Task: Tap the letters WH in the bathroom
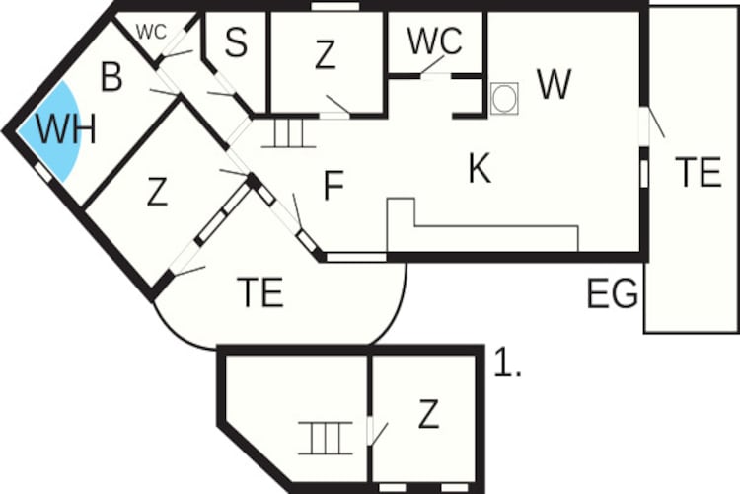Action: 66,128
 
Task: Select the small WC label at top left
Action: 151,33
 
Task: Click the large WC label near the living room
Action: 435,41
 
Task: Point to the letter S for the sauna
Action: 236,41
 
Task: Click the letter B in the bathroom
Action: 111,77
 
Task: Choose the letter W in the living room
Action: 555,84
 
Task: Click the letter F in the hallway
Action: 333,186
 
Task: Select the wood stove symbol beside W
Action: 504,99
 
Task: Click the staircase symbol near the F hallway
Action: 288,132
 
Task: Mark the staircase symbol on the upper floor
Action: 326,438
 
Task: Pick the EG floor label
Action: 612,294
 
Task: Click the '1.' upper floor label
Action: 507,363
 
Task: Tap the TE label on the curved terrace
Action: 260,292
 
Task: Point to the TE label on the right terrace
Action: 698,172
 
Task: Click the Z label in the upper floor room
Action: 428,414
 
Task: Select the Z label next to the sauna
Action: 326,55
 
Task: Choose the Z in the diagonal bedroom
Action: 157,192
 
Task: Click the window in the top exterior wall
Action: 335,6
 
